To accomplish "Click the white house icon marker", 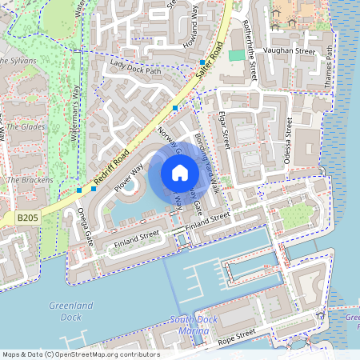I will pyautogui.click(x=179, y=173).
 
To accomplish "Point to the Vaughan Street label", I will pyautogui.click(x=290, y=50).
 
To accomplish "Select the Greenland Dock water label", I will pyautogui.click(x=71, y=311).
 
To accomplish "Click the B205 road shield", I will pyautogui.click(x=26, y=217).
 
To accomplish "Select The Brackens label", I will pyautogui.click(x=30, y=180).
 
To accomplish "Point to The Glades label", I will pyautogui.click(x=26, y=126).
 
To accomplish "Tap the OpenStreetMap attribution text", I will pyautogui.click(x=80, y=354).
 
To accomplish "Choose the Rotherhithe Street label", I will pyautogui.click(x=249, y=50).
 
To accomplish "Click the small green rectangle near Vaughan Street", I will pyautogui.click(x=236, y=55).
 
